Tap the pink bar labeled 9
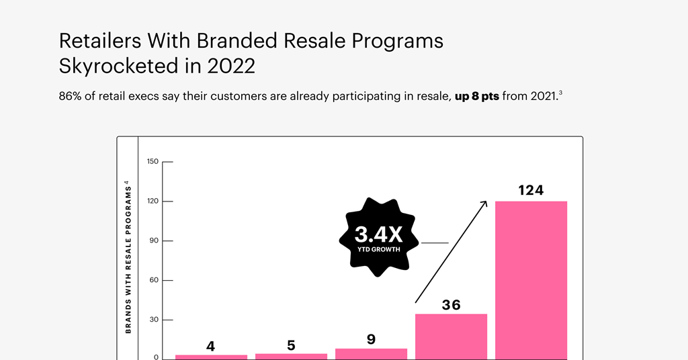pyautogui.click(x=371, y=353)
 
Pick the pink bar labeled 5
pyautogui.click(x=291, y=355)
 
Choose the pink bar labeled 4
pyautogui.click(x=211, y=356)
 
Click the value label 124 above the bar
pyautogui.click(x=531, y=191)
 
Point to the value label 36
pyautogui.click(x=451, y=305)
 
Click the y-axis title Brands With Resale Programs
pyautogui.click(x=127, y=256)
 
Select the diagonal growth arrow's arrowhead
pyautogui.click(x=483, y=204)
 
